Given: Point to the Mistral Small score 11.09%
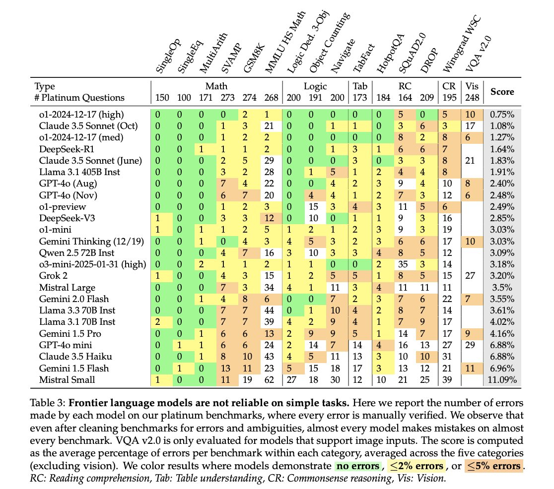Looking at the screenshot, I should [503, 380].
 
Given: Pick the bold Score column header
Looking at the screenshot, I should [503, 91].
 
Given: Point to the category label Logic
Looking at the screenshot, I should [315, 86].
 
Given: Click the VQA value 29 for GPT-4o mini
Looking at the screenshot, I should [470, 346].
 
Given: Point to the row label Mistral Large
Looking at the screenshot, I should [67, 287].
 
